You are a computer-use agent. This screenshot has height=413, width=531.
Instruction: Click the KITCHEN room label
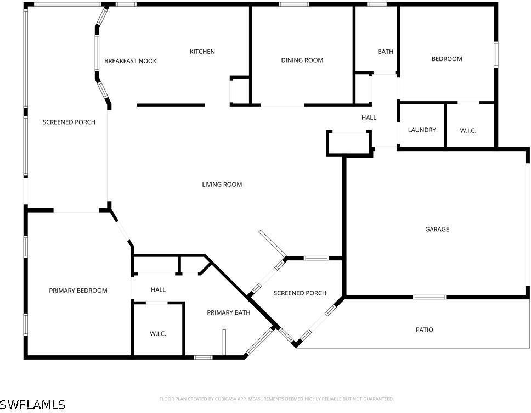[202, 52]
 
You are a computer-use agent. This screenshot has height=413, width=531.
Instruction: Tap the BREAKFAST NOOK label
[131, 61]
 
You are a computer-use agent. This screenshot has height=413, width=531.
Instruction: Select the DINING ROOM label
[302, 60]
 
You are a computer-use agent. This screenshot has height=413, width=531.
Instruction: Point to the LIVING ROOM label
[222, 185]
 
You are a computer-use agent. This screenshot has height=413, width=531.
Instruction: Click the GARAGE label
[437, 229]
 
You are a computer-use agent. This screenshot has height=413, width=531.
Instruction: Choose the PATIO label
[425, 330]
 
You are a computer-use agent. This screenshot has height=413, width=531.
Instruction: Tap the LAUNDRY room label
[422, 130]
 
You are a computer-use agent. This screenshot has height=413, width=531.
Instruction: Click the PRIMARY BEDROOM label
[78, 291]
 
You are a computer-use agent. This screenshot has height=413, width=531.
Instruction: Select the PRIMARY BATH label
[229, 312]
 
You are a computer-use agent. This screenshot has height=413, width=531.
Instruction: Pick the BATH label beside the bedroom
[386, 52]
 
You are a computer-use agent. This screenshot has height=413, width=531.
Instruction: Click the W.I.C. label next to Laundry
[468, 131]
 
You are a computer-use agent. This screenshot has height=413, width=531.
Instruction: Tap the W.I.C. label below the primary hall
[158, 334]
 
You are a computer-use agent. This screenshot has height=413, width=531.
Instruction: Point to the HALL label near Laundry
[369, 118]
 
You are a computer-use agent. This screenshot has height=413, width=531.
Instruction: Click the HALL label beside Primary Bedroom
[158, 290]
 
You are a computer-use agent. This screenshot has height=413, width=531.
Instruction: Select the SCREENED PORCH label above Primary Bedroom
[69, 122]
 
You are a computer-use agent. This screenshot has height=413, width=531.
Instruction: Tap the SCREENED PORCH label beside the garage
[300, 293]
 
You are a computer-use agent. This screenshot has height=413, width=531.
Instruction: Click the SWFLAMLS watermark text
[32, 405]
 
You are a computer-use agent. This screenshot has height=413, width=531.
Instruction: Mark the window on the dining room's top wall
[294, 4]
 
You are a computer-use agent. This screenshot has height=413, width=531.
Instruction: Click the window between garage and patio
[430, 297]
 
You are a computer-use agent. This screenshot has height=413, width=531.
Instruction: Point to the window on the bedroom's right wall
[496, 54]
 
